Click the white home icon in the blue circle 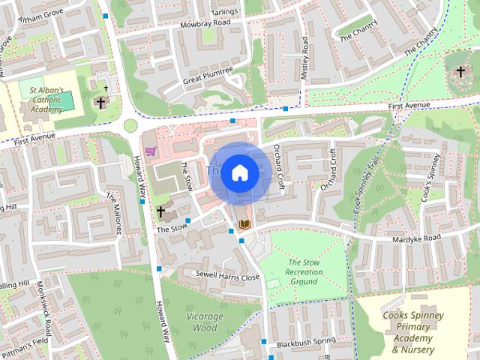click(x=239, y=172)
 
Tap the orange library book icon click(x=243, y=223)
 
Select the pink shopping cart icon click(x=151, y=151)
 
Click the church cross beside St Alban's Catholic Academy click(x=101, y=102)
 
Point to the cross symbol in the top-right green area click(x=460, y=71)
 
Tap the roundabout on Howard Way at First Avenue click(x=130, y=125)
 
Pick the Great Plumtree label click(x=208, y=75)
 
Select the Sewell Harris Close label click(x=227, y=276)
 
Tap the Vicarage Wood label click(x=203, y=322)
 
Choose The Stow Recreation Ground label click(x=304, y=271)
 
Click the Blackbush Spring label click(x=304, y=342)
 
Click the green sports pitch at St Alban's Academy click(x=64, y=100)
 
